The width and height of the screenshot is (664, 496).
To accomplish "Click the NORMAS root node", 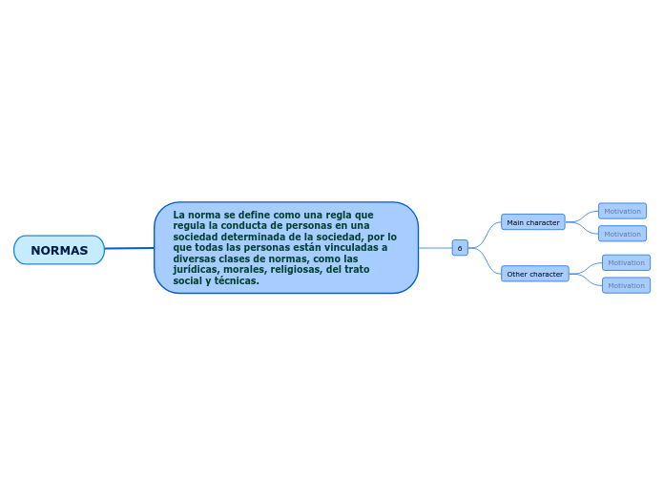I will (x=59, y=250).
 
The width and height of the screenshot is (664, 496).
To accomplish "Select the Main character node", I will (x=532, y=222).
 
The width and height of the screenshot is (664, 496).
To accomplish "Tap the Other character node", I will (x=534, y=274).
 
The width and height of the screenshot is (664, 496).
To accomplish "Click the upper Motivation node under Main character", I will (x=622, y=211).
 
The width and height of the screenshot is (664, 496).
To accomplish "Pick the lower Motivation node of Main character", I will (x=622, y=234).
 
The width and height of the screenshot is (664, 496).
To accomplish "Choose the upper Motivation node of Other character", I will (x=626, y=262).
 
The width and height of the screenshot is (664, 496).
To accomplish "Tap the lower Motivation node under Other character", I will (x=626, y=285).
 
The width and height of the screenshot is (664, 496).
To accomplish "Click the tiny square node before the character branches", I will (x=460, y=248).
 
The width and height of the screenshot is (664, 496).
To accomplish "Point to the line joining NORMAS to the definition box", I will (x=129, y=249).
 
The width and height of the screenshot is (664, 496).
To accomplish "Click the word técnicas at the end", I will (x=237, y=280).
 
